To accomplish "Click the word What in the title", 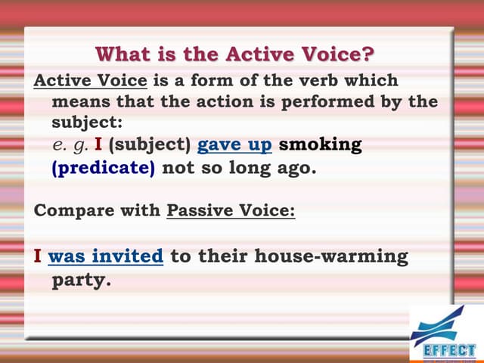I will tap(123, 54).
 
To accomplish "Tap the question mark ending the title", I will tap(368, 54).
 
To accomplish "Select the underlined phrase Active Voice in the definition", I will tap(82, 80).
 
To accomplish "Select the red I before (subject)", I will tap(98, 144).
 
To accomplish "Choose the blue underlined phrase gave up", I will tap(234, 144).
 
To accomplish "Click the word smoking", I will tap(321, 144).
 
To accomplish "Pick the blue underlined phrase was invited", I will tap(105, 256).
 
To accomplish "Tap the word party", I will tap(80, 281).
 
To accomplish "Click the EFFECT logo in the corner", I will tap(444, 334).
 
